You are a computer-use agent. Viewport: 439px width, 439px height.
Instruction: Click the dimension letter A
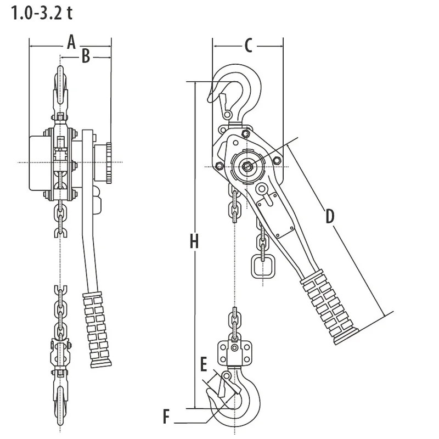[x=70, y=42]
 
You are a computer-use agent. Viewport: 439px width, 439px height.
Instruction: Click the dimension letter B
[x=85, y=56]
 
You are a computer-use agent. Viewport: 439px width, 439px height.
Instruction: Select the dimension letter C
[x=248, y=46]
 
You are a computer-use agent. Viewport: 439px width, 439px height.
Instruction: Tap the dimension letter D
[x=329, y=216]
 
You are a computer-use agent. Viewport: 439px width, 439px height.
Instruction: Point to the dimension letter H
[x=194, y=241]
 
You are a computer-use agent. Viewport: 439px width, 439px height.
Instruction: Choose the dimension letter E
[x=204, y=364]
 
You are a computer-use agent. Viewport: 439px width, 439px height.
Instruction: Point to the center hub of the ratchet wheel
[x=249, y=166]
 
